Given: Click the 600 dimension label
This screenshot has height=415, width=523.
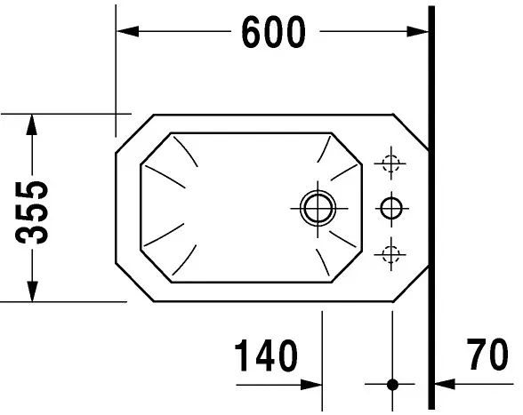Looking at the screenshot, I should tap(273, 33).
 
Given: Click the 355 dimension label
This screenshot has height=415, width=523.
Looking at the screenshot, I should tap(34, 211).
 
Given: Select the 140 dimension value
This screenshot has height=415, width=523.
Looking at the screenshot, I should tap(265, 356).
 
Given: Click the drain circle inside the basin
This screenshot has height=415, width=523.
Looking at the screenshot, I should tap(315, 208).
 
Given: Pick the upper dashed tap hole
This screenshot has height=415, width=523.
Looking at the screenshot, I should tap(388, 163).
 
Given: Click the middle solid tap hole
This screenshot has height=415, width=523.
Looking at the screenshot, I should tap(390, 208).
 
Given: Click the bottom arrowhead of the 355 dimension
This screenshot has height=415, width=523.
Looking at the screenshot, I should tap(32, 292).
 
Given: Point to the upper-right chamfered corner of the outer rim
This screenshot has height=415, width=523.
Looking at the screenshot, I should tap(411, 130).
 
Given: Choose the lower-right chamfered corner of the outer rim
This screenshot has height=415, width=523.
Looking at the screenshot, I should tap(411, 284).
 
